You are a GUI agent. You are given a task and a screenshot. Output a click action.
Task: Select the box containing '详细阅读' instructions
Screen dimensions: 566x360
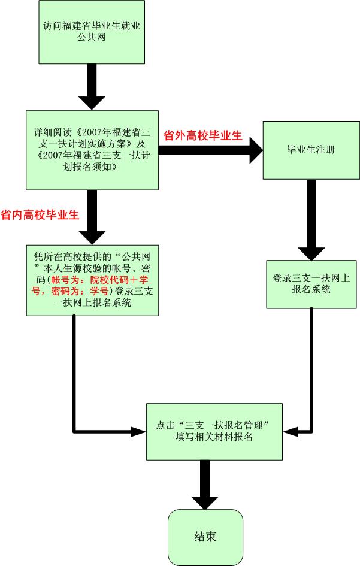92,150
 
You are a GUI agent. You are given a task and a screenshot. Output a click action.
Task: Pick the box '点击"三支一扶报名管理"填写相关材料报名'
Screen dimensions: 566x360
214,431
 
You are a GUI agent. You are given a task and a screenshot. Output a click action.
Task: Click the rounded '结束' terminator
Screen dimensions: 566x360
205,535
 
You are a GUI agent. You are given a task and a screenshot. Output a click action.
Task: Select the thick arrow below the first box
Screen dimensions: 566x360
92,87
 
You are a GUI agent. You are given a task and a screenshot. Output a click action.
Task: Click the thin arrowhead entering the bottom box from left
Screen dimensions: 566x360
140,430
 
